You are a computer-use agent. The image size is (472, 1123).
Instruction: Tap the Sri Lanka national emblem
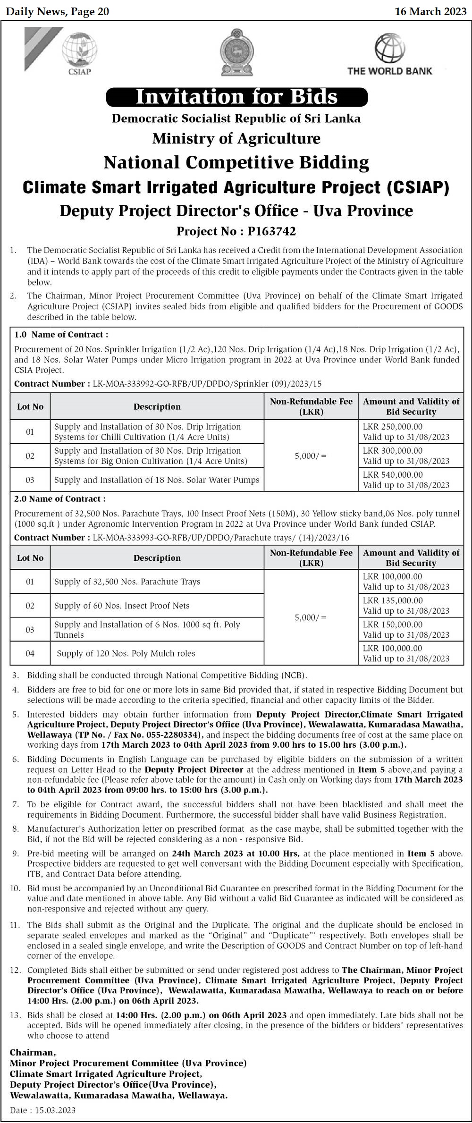(236, 52)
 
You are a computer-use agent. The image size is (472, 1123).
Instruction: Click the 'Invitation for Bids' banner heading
(236, 97)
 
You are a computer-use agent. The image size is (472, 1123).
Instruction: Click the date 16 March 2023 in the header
(430, 11)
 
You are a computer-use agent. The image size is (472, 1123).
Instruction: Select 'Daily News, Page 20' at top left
(58, 11)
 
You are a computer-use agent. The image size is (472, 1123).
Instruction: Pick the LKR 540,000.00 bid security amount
(393, 474)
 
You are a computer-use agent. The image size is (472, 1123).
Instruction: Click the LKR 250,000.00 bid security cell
(393, 426)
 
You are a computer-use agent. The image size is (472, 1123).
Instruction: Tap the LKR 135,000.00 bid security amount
(393, 600)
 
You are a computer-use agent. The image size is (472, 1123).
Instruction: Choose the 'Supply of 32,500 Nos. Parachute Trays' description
(127, 582)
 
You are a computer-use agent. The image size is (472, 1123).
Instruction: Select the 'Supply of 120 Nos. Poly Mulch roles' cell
(126, 653)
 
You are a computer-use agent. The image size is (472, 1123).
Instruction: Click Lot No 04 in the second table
(30, 653)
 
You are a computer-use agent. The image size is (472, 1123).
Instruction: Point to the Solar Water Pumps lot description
(157, 480)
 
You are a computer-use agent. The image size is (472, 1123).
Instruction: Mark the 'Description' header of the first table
(157, 406)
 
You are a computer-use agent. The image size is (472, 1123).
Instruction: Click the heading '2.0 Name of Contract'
(60, 498)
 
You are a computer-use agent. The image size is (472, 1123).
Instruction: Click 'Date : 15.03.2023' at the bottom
(42, 1110)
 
